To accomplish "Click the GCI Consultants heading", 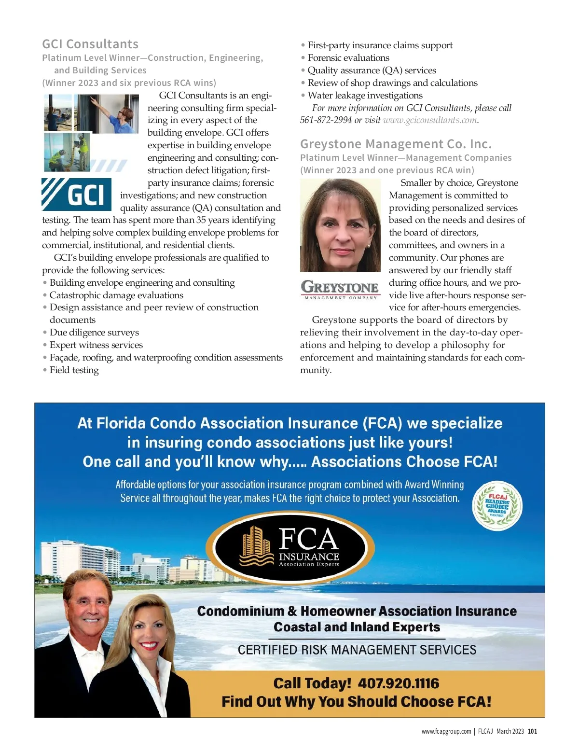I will pyautogui.click(x=90, y=44).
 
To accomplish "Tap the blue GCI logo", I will pyautogui.click(x=77, y=195).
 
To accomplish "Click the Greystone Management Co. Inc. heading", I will pyautogui.click(x=396, y=144).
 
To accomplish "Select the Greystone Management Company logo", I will pyautogui.click(x=340, y=289).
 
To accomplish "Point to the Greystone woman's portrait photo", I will pyautogui.click(x=340, y=225).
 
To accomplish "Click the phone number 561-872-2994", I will pyautogui.click(x=326, y=120).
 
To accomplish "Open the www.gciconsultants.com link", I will pyautogui.click(x=429, y=120).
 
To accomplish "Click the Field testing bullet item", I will pyautogui.click(x=74, y=370).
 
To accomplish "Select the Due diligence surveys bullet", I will pyautogui.click(x=94, y=333).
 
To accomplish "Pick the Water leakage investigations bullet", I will pyautogui.click(x=365, y=96).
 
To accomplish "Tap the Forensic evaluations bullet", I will pyautogui.click(x=348, y=58).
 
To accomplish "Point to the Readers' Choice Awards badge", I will pyautogui.click(x=497, y=505).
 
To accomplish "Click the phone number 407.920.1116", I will pyautogui.click(x=399, y=683).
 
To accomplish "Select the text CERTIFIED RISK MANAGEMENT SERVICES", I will pyautogui.click(x=357, y=650).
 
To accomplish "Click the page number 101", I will pyautogui.click(x=532, y=731).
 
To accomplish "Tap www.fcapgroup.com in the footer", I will pyautogui.click(x=446, y=731).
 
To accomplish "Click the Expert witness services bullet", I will pyautogui.click(x=96, y=345).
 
